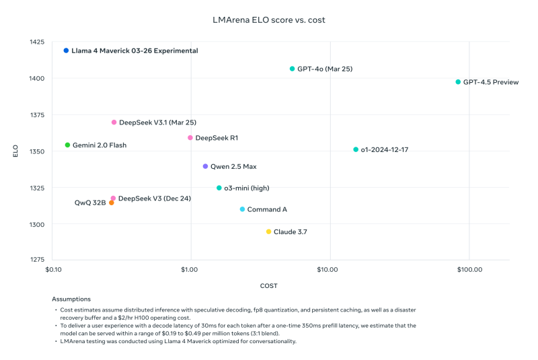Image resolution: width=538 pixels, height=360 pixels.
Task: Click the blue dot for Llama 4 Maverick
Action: click(x=66, y=50)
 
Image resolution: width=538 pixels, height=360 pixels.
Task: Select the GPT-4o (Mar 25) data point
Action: click(x=292, y=69)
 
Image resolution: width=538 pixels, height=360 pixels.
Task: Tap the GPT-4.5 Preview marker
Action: click(x=458, y=82)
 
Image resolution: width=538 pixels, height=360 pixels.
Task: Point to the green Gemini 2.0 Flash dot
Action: click(x=67, y=145)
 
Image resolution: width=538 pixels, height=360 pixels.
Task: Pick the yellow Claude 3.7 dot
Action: click(x=268, y=231)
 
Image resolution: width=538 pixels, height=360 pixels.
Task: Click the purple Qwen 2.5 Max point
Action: click(x=205, y=166)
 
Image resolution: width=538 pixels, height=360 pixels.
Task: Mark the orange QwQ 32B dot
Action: click(x=111, y=203)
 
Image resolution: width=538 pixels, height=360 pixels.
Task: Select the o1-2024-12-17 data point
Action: click(x=356, y=149)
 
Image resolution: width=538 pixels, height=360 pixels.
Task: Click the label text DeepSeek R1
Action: click(x=217, y=138)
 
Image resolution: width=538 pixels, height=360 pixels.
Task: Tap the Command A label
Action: click(x=267, y=209)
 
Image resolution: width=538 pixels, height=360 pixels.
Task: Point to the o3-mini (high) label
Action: click(x=246, y=188)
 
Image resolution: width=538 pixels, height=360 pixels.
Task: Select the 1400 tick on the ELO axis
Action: click(x=36, y=79)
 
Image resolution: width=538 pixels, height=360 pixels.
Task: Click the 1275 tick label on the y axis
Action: click(x=36, y=259)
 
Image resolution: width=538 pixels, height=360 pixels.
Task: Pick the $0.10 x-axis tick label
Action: click(x=53, y=270)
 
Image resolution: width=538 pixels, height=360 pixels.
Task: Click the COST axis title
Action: click(x=269, y=285)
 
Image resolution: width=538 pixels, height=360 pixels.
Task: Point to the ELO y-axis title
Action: click(x=15, y=151)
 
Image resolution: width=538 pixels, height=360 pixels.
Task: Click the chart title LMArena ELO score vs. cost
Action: click(x=269, y=20)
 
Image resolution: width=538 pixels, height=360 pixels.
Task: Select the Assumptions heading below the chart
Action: click(x=71, y=299)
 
